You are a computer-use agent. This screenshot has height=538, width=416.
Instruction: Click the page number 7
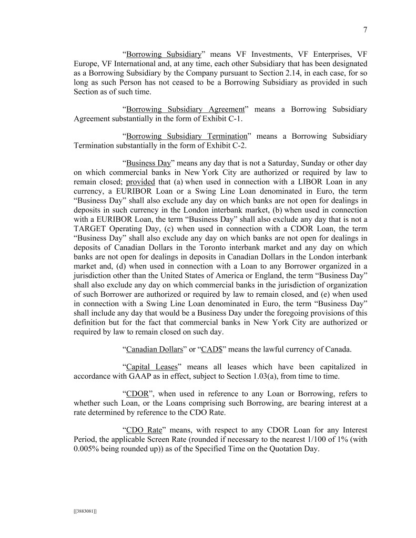click(365, 30)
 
